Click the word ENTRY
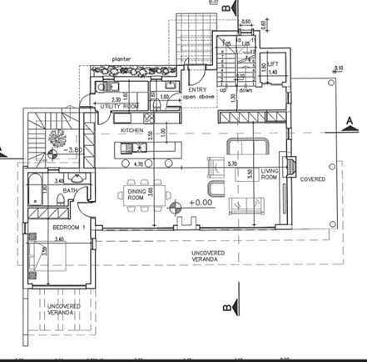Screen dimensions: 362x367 pos(197,88)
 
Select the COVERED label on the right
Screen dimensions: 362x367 pos(313,178)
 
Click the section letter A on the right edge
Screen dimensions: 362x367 pos(350,119)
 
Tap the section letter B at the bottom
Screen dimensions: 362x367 pos(226,306)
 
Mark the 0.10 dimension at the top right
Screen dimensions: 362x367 pos(340,68)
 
